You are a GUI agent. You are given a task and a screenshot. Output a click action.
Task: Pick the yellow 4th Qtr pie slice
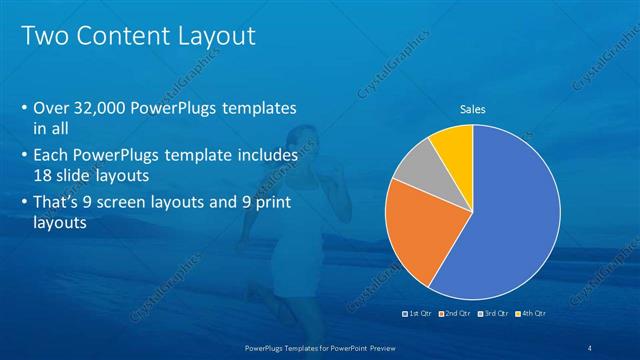pyautogui.click(x=453, y=142)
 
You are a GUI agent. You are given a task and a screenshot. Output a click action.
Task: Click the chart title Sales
pyautogui.click(x=473, y=109)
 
